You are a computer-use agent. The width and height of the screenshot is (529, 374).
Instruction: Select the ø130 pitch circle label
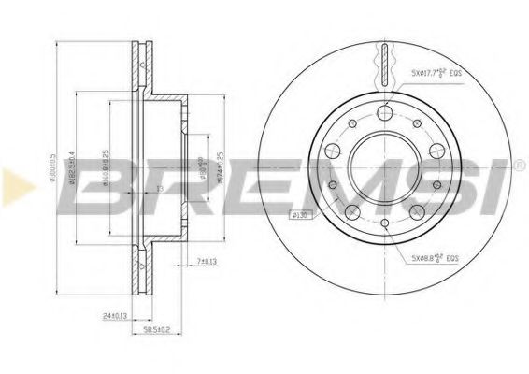click(x=301, y=217)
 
